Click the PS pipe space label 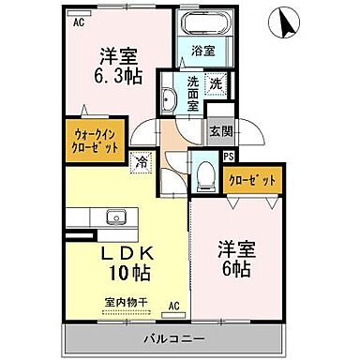pos(228,157)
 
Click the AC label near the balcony pos(174,305)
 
